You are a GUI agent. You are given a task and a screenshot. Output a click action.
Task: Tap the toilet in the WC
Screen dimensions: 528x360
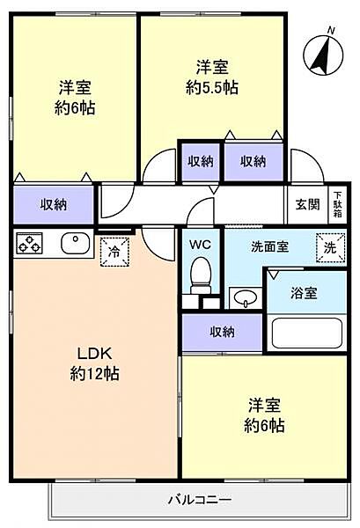click(x=202, y=275)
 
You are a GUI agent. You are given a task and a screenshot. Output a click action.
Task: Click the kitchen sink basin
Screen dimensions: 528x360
click(x=72, y=242)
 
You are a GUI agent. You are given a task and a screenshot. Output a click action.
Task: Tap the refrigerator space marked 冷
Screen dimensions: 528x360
click(x=114, y=251)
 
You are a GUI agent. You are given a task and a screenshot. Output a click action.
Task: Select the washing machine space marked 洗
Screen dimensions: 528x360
click(x=329, y=248)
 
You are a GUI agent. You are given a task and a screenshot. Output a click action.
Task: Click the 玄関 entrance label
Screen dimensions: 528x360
click(x=307, y=205)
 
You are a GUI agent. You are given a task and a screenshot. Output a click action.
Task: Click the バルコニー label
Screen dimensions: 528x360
click(x=200, y=501)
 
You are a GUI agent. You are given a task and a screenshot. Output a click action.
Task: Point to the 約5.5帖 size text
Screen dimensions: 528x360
click(x=213, y=88)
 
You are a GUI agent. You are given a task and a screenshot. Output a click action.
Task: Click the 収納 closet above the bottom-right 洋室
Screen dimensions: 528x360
click(x=222, y=332)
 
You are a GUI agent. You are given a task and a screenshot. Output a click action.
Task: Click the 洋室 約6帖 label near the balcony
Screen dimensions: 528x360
click(x=266, y=415)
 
